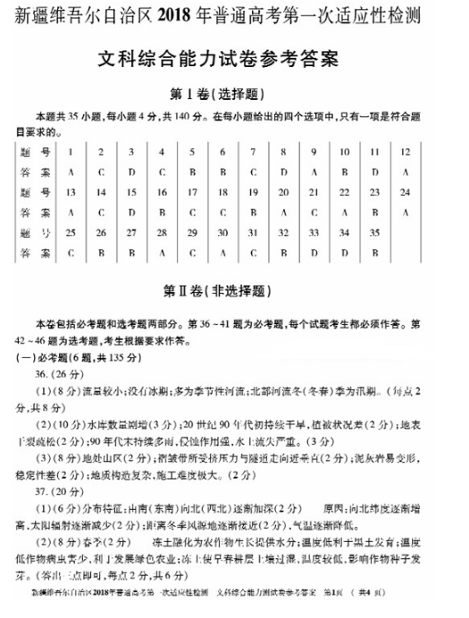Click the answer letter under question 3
click(131, 171)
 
